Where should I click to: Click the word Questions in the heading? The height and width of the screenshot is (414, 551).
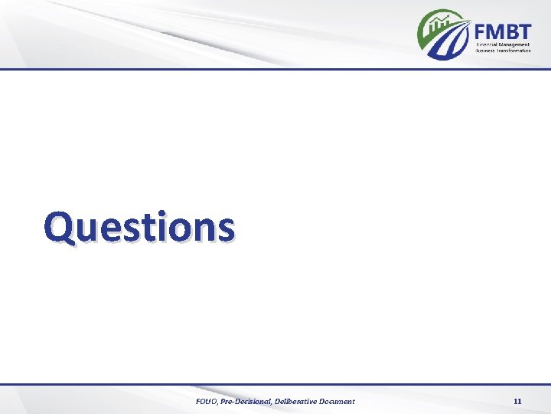(x=139, y=227)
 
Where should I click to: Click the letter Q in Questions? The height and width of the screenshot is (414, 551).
(x=58, y=228)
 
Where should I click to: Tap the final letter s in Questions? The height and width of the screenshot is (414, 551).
(x=225, y=228)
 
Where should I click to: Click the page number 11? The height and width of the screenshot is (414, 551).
(x=517, y=402)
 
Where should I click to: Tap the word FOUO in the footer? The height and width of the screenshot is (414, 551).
(x=207, y=402)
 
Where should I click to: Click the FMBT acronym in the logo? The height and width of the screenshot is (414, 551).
(x=502, y=31)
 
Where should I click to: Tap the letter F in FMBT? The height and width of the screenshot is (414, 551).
(x=481, y=31)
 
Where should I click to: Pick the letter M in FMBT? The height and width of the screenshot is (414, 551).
(x=495, y=31)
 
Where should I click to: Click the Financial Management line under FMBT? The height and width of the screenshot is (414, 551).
(x=503, y=44)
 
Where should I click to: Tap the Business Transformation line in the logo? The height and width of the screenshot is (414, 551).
(x=503, y=51)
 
